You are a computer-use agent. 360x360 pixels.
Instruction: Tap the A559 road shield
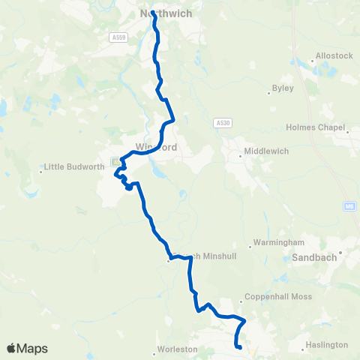click(117, 37)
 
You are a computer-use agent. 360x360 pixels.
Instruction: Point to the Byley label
click(283, 88)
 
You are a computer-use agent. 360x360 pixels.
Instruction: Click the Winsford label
click(157, 148)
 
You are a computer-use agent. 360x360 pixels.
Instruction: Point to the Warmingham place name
click(278, 243)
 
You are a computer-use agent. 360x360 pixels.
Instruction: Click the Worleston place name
click(177, 349)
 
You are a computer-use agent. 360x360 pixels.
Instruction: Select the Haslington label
click(326, 345)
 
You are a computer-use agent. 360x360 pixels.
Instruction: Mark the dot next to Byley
click(268, 93)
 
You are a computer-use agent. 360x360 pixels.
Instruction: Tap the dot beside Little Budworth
click(41, 172)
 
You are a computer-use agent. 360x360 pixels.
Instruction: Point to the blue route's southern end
click(238, 347)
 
